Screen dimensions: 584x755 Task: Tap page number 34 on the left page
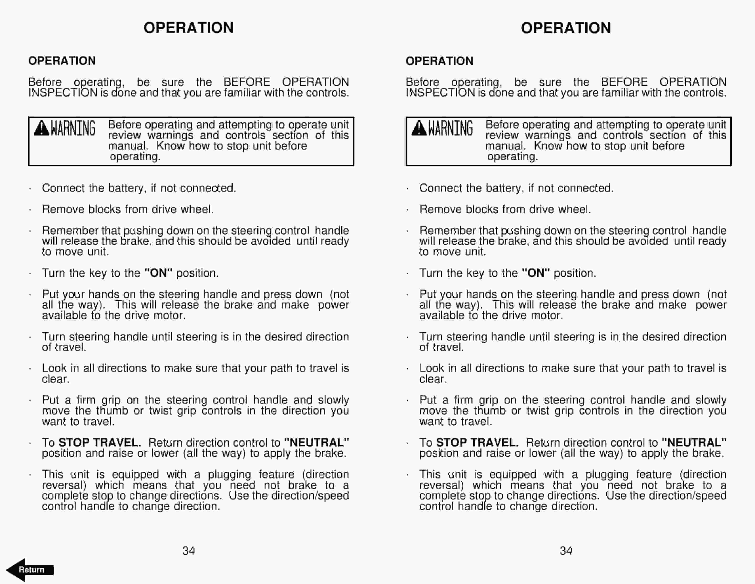tap(189, 550)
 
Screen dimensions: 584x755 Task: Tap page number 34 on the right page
tap(566, 550)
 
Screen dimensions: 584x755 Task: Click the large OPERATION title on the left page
tap(189, 28)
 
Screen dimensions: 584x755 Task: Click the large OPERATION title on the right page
tap(566, 28)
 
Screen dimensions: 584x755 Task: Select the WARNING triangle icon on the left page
tap(41, 128)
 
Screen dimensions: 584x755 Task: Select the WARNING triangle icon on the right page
tap(419, 128)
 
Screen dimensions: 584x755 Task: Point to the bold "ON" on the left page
tap(158, 273)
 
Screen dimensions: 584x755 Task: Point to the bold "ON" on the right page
tap(536, 273)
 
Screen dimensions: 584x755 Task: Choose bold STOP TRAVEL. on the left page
tap(100, 443)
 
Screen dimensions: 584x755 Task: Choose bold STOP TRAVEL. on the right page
tap(477, 443)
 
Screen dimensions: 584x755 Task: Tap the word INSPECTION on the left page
tap(63, 93)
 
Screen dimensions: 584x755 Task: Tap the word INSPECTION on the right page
tap(440, 93)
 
